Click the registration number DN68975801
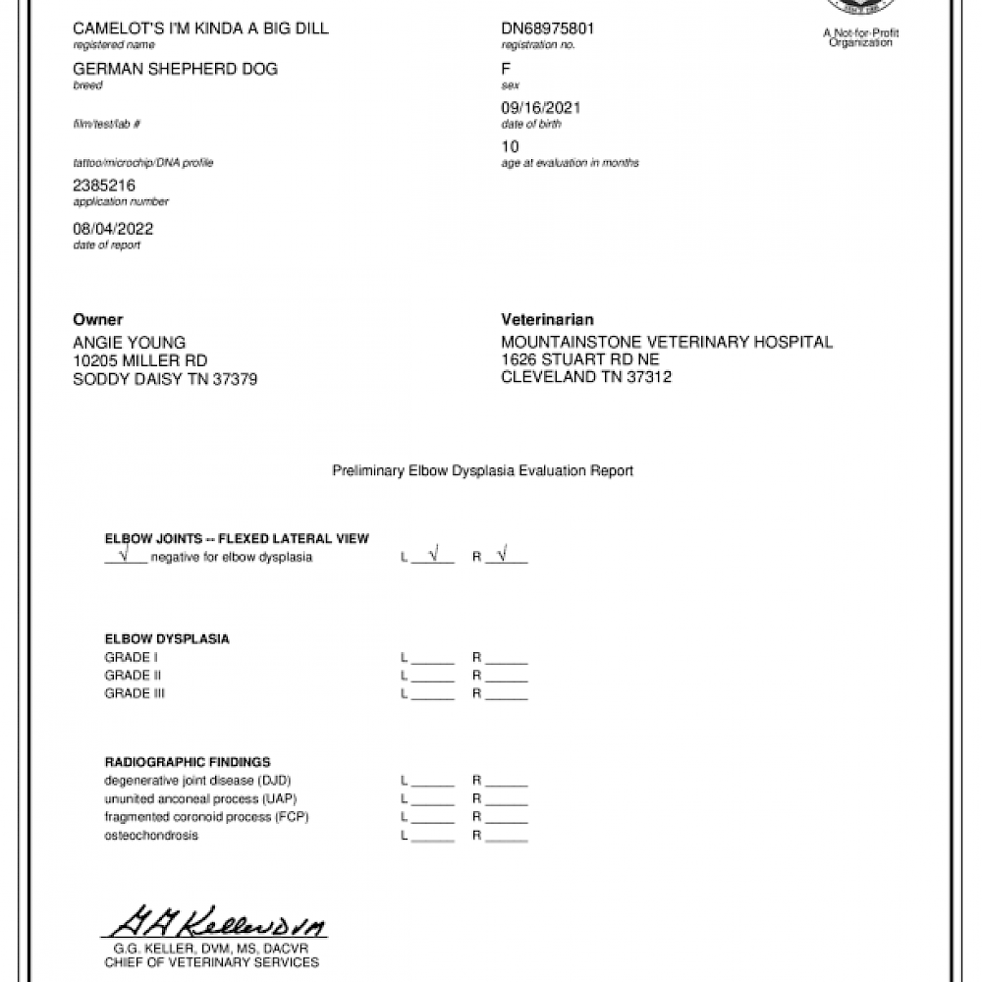[547, 28]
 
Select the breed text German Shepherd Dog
[175, 69]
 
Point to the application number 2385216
[104, 185]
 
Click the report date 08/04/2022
[113, 229]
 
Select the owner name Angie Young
[129, 343]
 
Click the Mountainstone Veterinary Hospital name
[666, 343]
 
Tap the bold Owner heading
[98, 320]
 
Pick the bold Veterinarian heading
[547, 320]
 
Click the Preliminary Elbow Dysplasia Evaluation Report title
[482, 471]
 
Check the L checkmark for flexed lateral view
[433, 556]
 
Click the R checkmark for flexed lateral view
[503, 556]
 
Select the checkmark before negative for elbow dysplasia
[125, 556]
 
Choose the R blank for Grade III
[507, 694]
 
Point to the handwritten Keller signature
[215, 922]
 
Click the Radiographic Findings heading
[188, 762]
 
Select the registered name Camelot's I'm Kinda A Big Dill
[200, 28]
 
